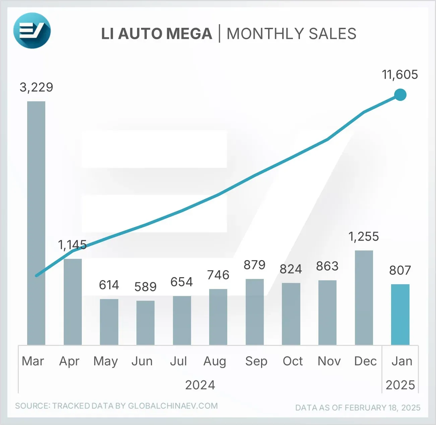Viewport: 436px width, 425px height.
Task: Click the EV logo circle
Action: (x=32, y=31)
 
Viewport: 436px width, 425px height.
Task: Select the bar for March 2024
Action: (x=36, y=223)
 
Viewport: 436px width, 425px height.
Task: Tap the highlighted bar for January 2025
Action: (x=400, y=314)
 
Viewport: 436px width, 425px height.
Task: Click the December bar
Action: (x=364, y=298)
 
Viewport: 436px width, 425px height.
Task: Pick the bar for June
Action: (x=145, y=322)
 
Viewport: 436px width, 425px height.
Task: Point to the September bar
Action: (x=255, y=312)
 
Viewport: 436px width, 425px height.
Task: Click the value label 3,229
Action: (x=36, y=87)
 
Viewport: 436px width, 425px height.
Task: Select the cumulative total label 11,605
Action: (x=400, y=75)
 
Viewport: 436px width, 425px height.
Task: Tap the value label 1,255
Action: (x=364, y=237)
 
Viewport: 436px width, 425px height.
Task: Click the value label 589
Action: (x=145, y=287)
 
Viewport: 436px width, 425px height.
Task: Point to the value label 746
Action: (x=218, y=275)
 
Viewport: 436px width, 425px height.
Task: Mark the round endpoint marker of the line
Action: (x=400, y=95)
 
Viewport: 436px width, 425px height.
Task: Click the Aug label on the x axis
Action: (x=215, y=361)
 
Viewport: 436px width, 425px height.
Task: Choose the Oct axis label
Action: (x=293, y=361)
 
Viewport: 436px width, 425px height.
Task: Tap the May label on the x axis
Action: (x=106, y=361)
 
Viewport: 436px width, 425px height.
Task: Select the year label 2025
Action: (x=400, y=385)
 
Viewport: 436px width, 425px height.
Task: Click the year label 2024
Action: (x=200, y=385)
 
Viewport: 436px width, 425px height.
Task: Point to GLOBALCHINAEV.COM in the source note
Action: (x=173, y=406)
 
